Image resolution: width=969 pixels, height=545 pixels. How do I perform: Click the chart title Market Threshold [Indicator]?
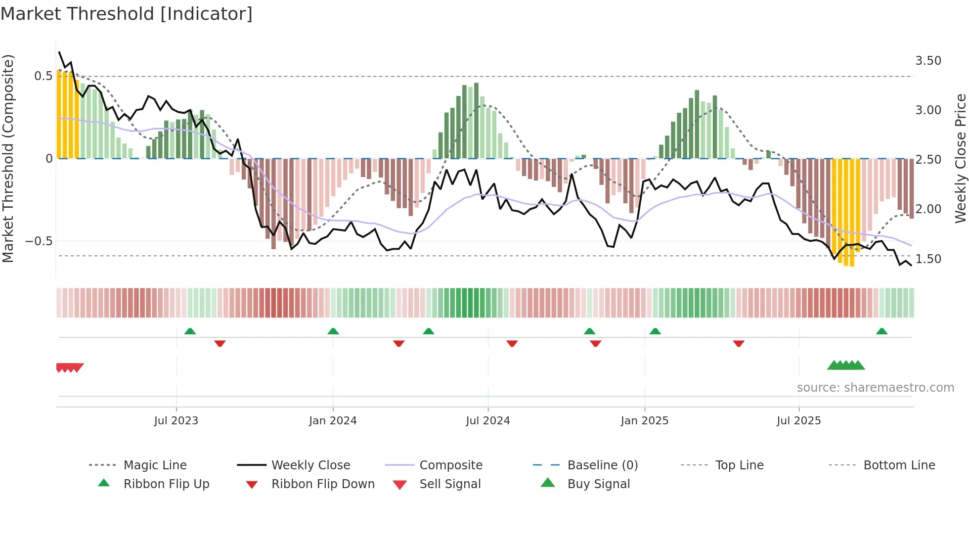tap(127, 14)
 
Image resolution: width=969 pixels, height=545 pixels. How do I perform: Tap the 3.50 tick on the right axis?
tap(928, 61)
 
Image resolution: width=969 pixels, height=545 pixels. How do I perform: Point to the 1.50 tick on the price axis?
tap(928, 259)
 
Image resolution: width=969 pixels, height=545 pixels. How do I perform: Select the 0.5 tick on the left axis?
tap(43, 76)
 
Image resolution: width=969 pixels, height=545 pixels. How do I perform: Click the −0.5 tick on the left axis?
tap(39, 241)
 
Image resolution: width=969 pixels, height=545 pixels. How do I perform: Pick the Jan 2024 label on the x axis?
tap(333, 421)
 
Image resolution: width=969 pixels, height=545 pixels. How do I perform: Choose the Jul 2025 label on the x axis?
tap(798, 421)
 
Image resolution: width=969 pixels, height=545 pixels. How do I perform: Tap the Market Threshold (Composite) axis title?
tap(8, 158)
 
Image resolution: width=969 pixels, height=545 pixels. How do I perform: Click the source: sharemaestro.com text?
tap(875, 388)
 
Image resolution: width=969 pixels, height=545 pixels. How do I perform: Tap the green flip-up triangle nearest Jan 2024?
tap(333, 331)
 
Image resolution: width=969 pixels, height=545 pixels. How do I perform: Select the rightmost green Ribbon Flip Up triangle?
tap(881, 331)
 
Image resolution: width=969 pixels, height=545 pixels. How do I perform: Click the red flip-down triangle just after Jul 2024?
tap(512, 343)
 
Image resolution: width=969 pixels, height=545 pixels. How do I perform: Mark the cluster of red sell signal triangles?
tap(70, 367)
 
